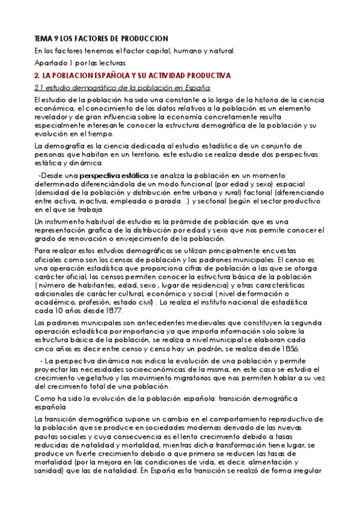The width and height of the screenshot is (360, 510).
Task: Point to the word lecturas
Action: point(110,63)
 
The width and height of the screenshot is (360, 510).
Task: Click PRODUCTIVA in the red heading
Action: point(204,76)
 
